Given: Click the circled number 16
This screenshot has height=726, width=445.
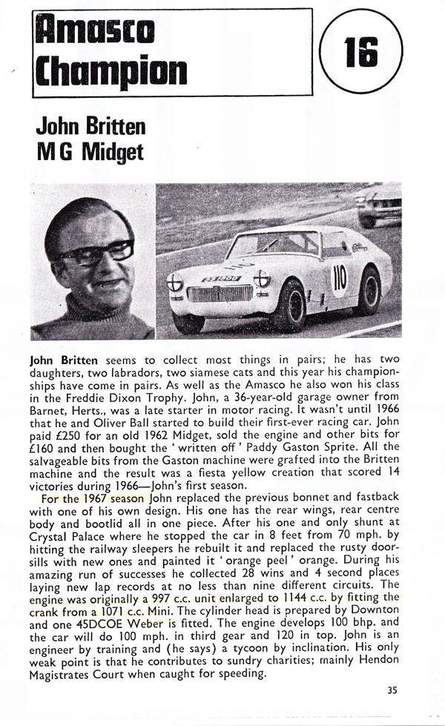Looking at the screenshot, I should (361, 52).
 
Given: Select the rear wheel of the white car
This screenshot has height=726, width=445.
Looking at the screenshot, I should (369, 291).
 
